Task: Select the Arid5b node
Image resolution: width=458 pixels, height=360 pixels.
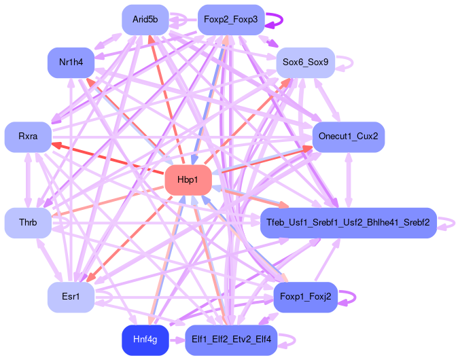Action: click(x=145, y=20)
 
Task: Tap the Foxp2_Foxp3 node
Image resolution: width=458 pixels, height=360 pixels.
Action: click(x=230, y=20)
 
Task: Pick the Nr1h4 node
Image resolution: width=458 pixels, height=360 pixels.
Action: click(x=71, y=62)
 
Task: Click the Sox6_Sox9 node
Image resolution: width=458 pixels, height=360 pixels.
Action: click(x=305, y=62)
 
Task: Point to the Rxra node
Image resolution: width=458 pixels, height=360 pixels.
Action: click(x=28, y=137)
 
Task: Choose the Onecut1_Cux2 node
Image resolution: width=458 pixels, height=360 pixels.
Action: click(x=348, y=137)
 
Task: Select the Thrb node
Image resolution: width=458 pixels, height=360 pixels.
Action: click(x=28, y=223)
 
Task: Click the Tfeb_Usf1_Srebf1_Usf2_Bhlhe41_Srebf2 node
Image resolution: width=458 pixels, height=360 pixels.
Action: click(x=348, y=223)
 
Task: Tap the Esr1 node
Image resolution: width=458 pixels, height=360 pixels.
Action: click(x=71, y=298)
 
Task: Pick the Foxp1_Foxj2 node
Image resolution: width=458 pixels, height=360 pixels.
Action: click(x=305, y=298)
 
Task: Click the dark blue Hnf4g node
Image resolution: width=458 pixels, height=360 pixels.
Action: click(x=145, y=340)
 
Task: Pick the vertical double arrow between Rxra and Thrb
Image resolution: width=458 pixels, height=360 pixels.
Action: click(x=28, y=180)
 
